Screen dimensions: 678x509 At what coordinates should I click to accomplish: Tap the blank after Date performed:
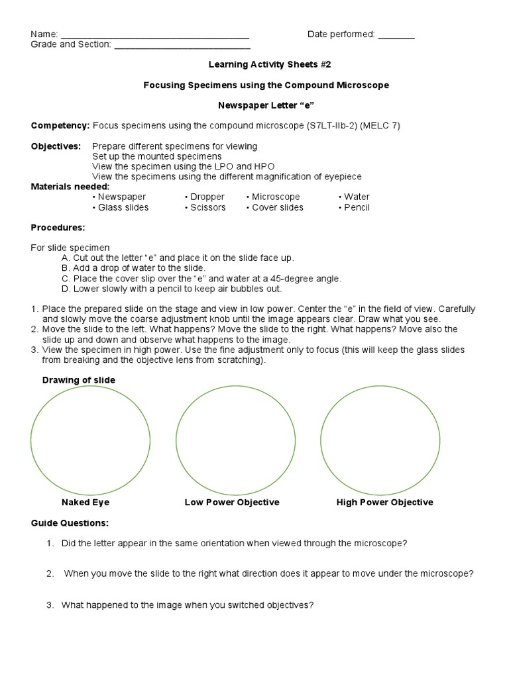pyautogui.click(x=396, y=35)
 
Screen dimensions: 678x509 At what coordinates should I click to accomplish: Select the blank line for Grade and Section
pyautogui.click(x=182, y=46)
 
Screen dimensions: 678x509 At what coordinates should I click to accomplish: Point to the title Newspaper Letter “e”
pyautogui.click(x=266, y=105)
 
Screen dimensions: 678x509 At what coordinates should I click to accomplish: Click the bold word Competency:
pyautogui.click(x=60, y=125)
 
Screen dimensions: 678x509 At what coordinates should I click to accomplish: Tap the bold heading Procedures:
pyautogui.click(x=58, y=227)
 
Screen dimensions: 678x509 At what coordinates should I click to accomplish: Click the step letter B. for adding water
pyautogui.click(x=65, y=268)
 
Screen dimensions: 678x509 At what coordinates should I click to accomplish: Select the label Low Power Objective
pyautogui.click(x=232, y=503)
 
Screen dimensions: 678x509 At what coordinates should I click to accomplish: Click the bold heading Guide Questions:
pyautogui.click(x=70, y=523)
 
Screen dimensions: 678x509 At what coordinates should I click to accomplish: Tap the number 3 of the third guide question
pyautogui.click(x=50, y=605)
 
